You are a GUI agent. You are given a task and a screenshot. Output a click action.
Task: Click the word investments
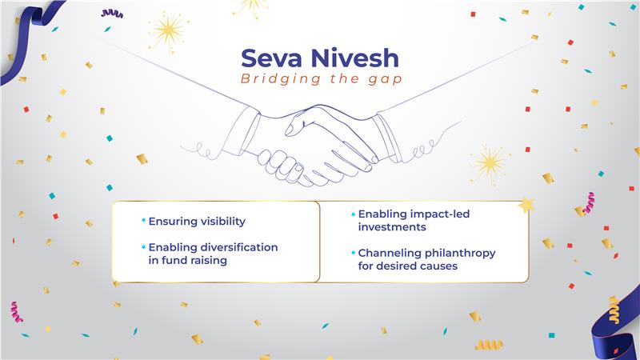point(391,227)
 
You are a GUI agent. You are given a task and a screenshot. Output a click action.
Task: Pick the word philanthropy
point(458,253)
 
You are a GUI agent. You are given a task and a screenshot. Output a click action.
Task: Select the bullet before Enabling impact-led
point(352,215)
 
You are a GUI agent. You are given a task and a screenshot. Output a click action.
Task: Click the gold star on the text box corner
point(526,206)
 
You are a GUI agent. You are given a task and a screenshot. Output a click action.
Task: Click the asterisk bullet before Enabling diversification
point(143,248)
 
